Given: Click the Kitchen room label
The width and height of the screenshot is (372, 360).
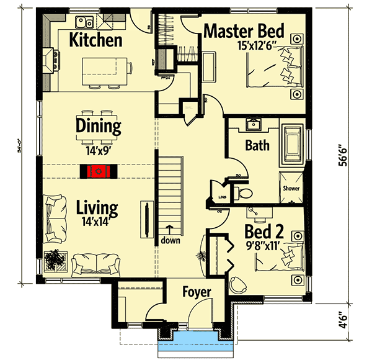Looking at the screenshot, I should [x=95, y=41].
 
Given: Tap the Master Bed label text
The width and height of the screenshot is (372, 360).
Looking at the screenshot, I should [x=243, y=31].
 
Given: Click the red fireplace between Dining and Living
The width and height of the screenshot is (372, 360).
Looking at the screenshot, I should [x=97, y=171].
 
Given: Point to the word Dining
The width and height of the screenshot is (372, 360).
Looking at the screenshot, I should [x=98, y=126].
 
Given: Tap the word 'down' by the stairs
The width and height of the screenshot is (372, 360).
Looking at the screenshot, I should [x=170, y=240].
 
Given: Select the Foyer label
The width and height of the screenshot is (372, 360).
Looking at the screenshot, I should [x=197, y=292].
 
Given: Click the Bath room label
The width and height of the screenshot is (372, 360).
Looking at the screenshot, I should [x=257, y=147].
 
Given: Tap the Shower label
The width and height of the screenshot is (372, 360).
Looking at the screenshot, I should [x=291, y=188].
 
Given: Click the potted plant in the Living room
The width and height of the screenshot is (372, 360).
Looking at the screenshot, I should [x=54, y=259].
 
